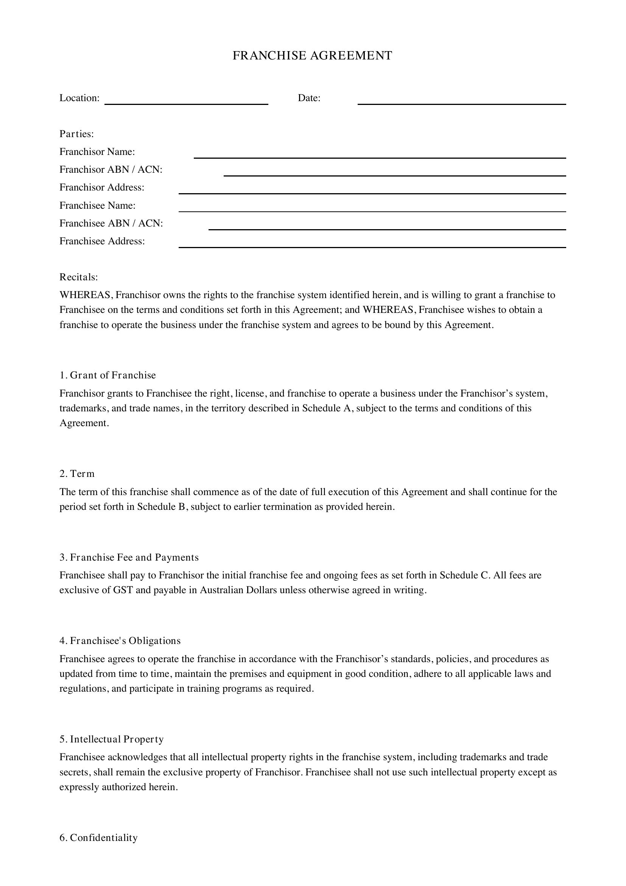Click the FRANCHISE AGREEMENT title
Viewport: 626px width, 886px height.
coord(312,56)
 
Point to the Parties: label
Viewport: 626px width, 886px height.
coord(77,134)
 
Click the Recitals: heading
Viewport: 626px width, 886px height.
coord(79,277)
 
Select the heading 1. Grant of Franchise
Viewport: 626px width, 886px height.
coord(107,375)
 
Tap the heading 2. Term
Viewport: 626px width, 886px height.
coord(77,473)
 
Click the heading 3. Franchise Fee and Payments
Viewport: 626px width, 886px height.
coord(129,557)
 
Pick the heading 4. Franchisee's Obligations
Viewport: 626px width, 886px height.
coord(120,641)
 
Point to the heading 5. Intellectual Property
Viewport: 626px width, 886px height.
coord(111,739)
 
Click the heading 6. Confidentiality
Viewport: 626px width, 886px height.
coord(98,838)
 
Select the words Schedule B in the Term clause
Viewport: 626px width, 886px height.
coord(161,507)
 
